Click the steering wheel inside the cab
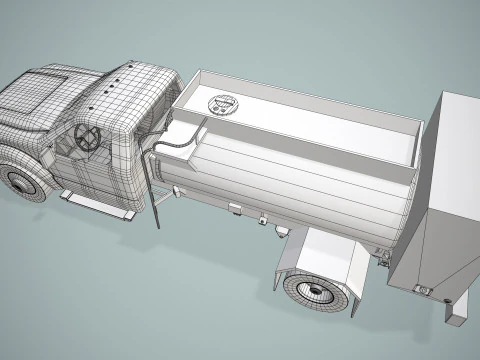[x=86, y=138]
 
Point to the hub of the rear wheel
[x=310, y=293]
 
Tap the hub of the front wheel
[x=20, y=183]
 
